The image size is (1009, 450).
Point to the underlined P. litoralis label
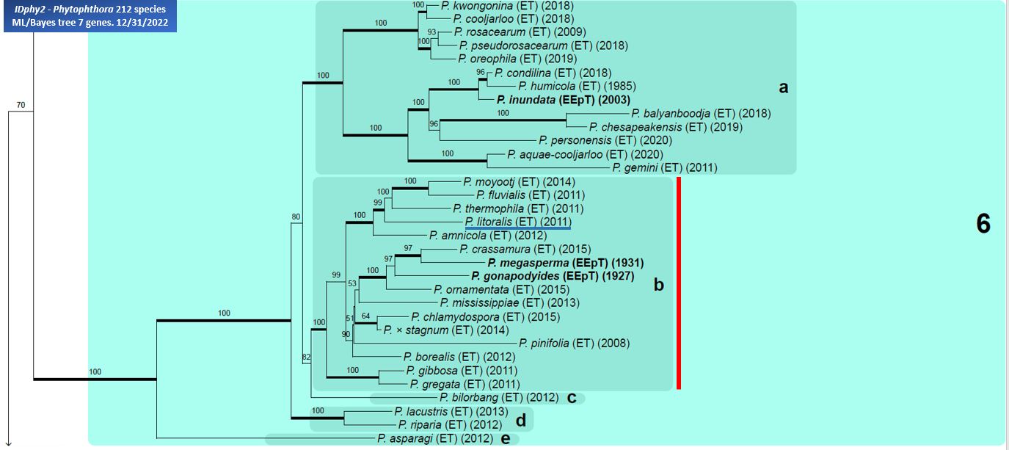pyautogui.click(x=517, y=222)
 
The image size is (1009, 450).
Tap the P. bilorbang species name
pyautogui.click(x=499, y=398)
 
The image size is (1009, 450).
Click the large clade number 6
pyautogui.click(x=983, y=225)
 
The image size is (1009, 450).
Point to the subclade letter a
pyautogui.click(x=783, y=88)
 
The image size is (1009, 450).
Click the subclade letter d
pyautogui.click(x=520, y=421)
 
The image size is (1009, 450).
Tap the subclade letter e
pyautogui.click(x=505, y=439)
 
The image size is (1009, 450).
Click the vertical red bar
pyautogui.click(x=679, y=283)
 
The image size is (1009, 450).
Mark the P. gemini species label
pyautogui.click(x=665, y=168)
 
